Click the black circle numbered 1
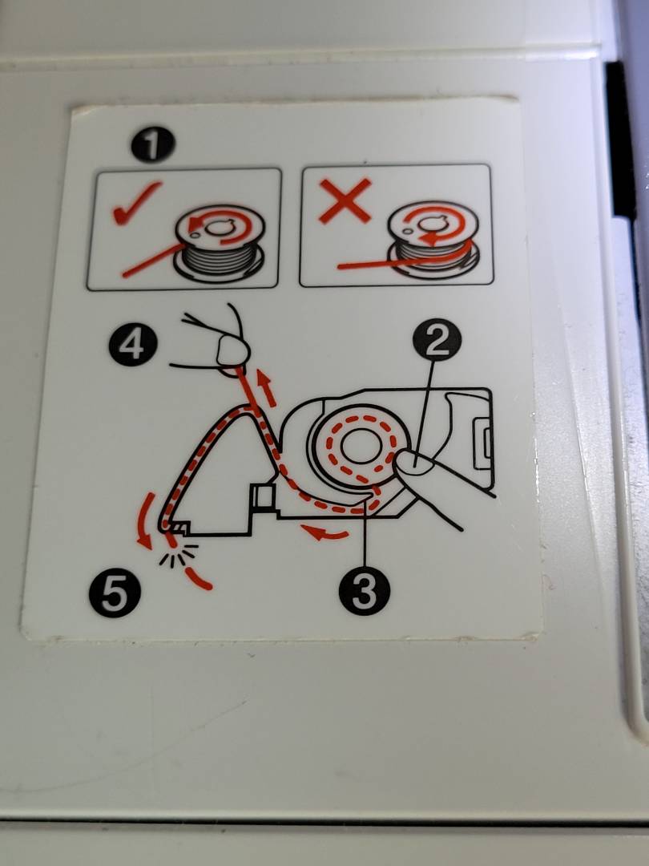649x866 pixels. tap(153, 144)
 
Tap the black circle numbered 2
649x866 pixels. tap(437, 339)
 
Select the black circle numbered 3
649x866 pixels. tap(365, 591)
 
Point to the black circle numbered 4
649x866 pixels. tap(133, 346)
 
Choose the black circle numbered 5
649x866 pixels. tap(115, 593)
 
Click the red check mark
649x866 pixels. tap(136, 202)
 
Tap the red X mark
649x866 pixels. tap(345, 200)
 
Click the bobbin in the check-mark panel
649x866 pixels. tap(220, 244)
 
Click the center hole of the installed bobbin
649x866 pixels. tap(360, 445)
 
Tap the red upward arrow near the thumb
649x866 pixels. tap(268, 388)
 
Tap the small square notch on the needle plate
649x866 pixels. tap(262, 496)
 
